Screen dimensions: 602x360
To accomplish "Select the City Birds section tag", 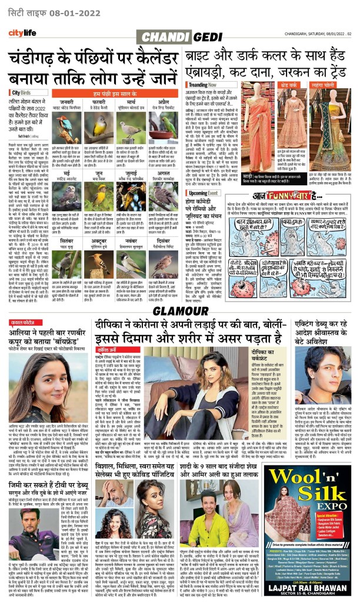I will [21, 93].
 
